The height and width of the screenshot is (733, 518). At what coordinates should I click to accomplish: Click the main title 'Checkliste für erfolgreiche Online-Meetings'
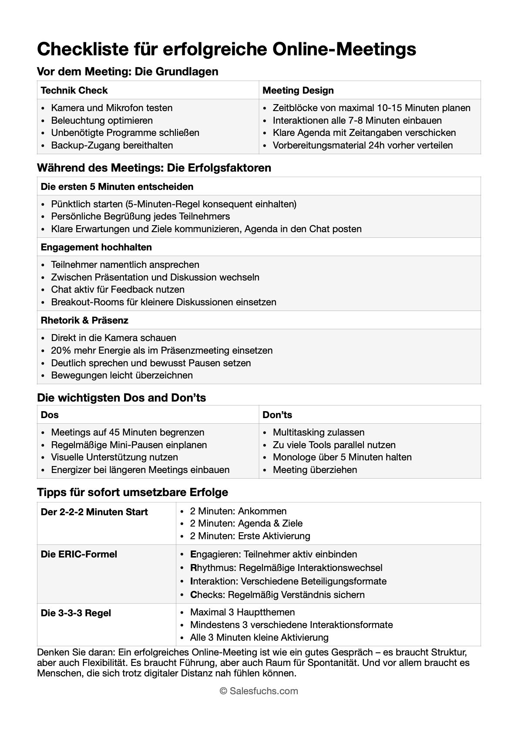226,49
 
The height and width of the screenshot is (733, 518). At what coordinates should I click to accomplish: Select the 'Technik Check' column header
74,91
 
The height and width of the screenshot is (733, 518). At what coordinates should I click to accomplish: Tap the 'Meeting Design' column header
298,91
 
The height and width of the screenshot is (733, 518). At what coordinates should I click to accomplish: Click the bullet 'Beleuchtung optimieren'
102,120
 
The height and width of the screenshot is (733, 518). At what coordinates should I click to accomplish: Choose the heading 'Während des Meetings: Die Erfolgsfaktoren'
154,168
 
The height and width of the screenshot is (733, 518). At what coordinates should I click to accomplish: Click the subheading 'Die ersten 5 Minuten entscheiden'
117,186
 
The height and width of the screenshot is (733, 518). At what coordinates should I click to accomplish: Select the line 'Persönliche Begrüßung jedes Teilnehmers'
140,216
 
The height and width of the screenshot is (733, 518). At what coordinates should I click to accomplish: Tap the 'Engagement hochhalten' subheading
96,247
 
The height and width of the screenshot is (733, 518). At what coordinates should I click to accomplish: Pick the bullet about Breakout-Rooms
163,302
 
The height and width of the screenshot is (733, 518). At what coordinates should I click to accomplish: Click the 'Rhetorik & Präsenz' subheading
84,321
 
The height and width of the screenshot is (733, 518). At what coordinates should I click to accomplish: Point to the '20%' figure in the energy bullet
60,350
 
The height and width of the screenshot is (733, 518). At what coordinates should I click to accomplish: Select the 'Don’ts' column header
277,415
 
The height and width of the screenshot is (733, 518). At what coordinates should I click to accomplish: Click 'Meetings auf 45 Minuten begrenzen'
128,432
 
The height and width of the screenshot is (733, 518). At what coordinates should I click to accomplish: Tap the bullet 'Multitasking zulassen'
319,432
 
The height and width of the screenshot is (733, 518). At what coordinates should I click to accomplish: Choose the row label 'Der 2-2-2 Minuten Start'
94,512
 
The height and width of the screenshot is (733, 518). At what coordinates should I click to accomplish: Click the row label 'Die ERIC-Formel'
79,554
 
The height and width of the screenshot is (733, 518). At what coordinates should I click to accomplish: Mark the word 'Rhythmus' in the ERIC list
213,568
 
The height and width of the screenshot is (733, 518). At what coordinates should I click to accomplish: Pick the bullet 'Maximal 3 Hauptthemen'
242,612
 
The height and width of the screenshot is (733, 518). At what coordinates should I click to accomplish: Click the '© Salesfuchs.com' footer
259,691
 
